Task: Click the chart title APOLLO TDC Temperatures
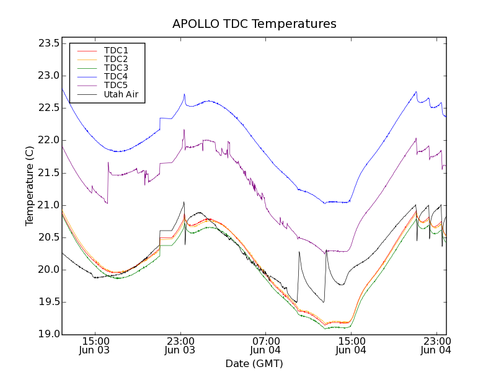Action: pos(254,24)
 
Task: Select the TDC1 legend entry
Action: pos(116,50)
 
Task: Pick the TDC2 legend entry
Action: pos(116,59)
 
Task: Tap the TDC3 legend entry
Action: pos(116,68)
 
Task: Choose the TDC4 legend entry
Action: pos(116,76)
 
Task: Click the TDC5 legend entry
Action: pos(116,85)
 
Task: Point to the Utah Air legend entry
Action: pos(121,94)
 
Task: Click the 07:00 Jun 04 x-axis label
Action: pos(265,345)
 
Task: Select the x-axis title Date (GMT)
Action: pos(254,363)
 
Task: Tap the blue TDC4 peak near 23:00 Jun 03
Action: pos(184,94)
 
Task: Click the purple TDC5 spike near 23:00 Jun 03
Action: pos(184,130)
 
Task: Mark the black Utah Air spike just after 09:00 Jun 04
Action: pos(299,252)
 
